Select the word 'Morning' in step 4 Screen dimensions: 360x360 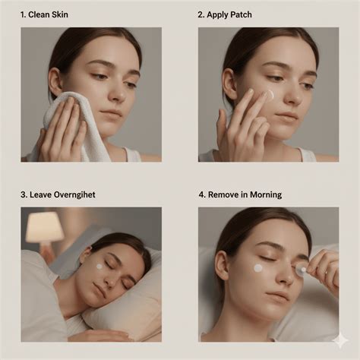click(264, 195)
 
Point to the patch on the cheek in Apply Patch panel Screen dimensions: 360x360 click(269, 94)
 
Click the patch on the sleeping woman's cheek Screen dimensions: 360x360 click(99, 266)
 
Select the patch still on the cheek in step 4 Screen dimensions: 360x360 click(258, 268)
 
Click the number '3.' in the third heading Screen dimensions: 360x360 click(24, 195)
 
